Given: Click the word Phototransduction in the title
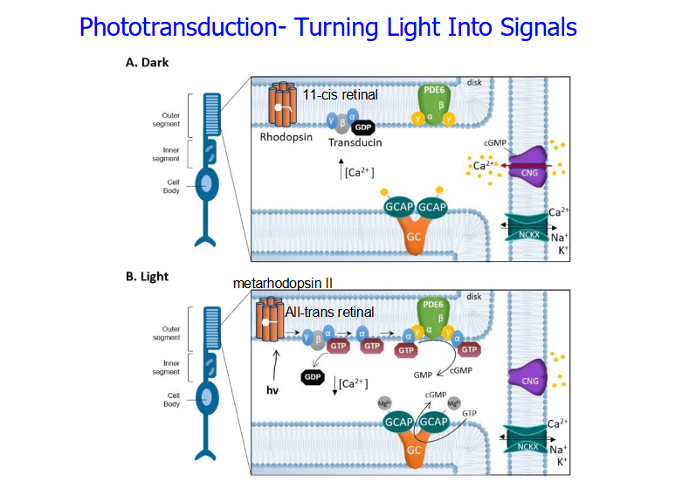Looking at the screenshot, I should click(177, 27).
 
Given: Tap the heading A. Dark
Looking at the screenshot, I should click(148, 63).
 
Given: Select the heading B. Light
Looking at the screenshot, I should click(147, 277).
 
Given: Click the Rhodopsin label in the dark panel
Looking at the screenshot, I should click(285, 136).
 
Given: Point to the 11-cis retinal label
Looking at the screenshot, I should click(341, 93).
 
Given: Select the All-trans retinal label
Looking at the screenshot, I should click(329, 312).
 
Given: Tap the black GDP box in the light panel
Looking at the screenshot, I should click(312, 377).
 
